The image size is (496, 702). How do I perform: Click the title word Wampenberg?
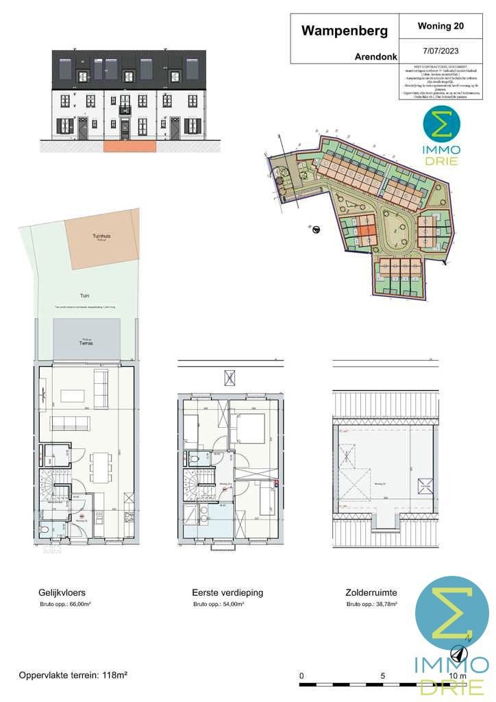point(344,31)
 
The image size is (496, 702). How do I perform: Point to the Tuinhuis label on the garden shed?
point(101,237)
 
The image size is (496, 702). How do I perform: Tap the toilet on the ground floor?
point(45,529)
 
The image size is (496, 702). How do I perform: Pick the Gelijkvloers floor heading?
point(62,592)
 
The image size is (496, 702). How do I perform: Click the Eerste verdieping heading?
point(228,592)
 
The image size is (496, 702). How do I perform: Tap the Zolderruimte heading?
point(371,592)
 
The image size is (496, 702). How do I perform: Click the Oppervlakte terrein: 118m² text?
point(73,675)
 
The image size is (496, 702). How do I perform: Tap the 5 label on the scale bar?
point(382,675)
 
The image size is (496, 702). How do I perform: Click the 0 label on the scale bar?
point(302,675)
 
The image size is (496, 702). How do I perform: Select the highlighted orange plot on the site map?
point(365,237)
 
